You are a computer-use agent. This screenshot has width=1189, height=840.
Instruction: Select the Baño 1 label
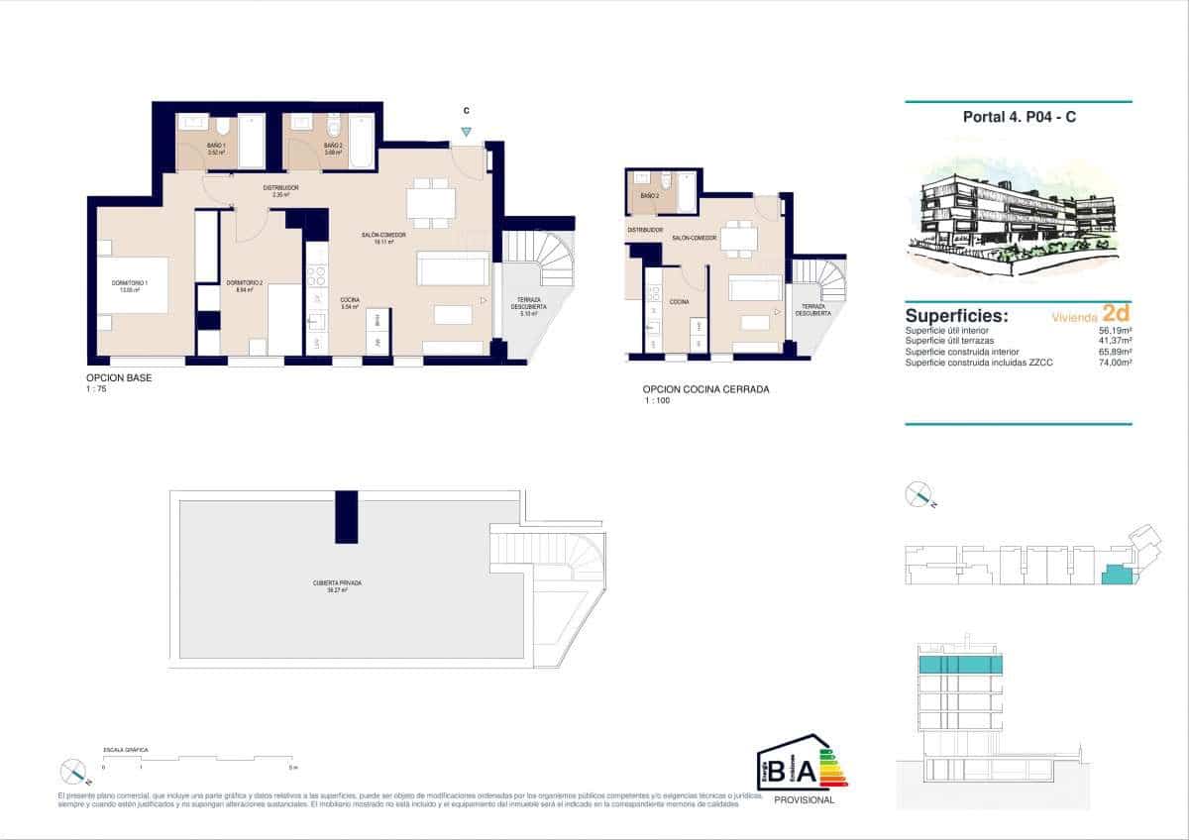(216, 147)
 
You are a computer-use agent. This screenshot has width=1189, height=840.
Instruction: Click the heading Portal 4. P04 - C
(1019, 117)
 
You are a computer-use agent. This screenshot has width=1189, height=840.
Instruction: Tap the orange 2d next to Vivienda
(1117, 315)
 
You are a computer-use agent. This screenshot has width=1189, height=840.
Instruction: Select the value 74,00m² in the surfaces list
(1115, 364)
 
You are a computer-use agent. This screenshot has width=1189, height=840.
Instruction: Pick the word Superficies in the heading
(955, 316)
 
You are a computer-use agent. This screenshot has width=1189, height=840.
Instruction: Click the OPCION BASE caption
(119, 377)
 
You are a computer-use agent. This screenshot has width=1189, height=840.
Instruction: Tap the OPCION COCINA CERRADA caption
(705, 389)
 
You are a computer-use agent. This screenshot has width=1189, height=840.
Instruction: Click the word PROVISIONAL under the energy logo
(803, 800)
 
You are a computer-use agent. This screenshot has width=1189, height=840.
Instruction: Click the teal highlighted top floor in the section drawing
(960, 665)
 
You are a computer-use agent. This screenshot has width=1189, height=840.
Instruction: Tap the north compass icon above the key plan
(919, 494)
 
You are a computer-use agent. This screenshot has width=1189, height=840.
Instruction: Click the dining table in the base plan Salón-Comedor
(431, 202)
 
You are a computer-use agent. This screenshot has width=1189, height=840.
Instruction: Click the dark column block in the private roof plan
(346, 516)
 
